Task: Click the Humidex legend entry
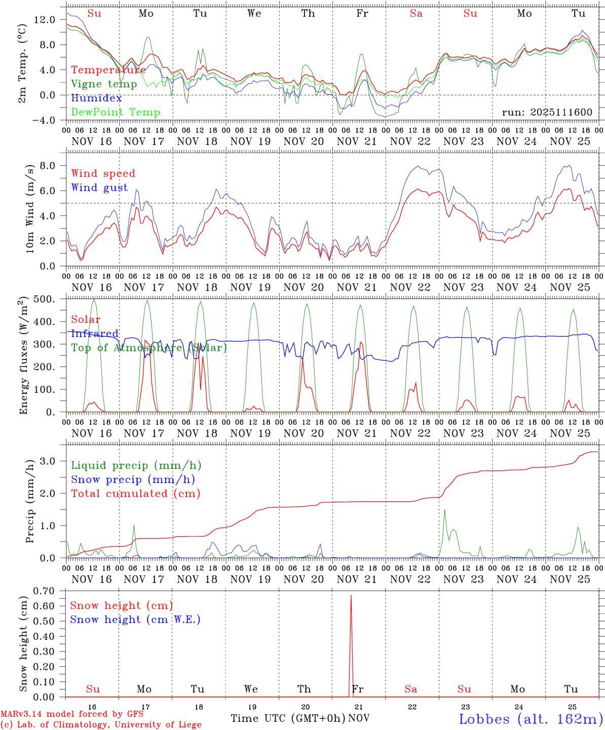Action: pos(96,98)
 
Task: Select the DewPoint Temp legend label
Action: pos(116,113)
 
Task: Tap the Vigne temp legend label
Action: pos(104,84)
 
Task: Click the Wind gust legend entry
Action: pos(99,188)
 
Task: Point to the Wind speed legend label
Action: pos(103,174)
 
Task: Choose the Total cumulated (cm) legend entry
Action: pos(136,494)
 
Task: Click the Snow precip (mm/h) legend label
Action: pos(133,480)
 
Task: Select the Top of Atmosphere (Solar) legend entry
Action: pos(149,348)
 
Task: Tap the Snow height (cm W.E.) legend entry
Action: pos(135,619)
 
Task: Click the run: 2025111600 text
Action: pos(547,113)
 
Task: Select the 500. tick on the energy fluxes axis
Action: pos(44,299)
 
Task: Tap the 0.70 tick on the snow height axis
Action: pos(44,591)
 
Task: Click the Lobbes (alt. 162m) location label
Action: pos(531,719)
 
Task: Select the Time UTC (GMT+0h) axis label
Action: pos(288,718)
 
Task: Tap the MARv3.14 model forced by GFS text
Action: pos(72,714)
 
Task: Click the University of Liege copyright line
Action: pos(101,725)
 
